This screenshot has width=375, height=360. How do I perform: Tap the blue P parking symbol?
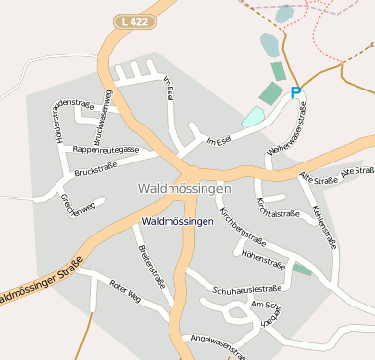tap(296, 93)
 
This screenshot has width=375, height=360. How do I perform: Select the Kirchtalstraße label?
tap(276, 206)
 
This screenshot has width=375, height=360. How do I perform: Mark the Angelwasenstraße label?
tap(218, 343)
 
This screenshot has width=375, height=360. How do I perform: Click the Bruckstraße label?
tap(95, 167)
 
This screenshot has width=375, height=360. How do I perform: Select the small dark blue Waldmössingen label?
tap(177, 222)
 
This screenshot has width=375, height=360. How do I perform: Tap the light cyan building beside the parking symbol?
tap(252, 117)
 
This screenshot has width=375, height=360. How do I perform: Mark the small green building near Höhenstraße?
tap(303, 269)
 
